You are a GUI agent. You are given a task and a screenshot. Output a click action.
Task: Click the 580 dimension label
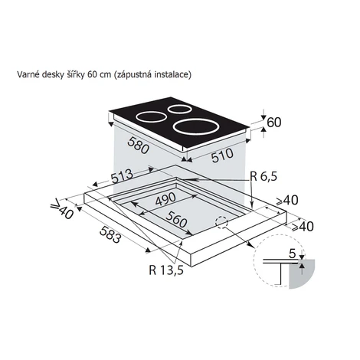coord(138,146)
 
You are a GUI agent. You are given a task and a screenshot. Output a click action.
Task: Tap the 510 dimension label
coord(222,155)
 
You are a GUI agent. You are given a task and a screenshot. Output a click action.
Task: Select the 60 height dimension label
coord(274,123)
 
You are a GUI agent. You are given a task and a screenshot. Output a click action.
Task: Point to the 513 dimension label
coord(122,176)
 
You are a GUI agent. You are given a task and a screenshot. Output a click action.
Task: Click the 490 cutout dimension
coord(165,199)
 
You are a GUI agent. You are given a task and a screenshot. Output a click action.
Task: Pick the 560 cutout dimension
coord(176,220)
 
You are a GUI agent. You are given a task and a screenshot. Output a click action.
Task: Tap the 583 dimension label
coord(110,234)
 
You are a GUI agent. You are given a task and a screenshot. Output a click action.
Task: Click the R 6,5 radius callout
coord(263,176)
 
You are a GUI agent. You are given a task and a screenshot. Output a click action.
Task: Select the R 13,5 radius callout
coord(166,270)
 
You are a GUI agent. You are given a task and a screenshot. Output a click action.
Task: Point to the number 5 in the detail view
coord(292,254)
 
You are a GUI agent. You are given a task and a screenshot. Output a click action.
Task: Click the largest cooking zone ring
coord(196,126)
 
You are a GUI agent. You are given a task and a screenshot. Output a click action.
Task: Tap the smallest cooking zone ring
coord(180,109)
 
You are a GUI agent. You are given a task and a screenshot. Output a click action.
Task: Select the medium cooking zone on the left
coord(151,117)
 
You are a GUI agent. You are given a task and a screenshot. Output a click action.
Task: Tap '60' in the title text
coord(91,74)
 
